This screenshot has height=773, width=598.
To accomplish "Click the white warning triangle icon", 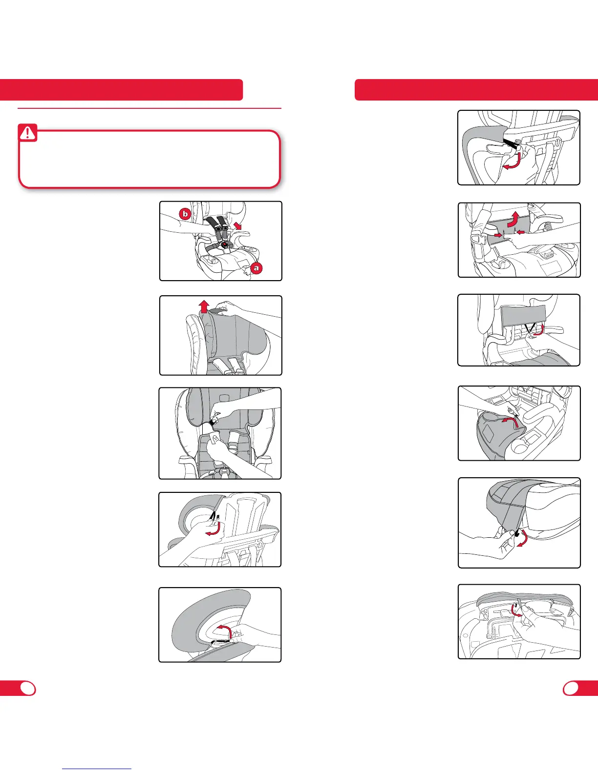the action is pyautogui.click(x=27, y=133).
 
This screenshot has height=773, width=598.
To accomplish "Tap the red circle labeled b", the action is pyautogui.click(x=185, y=214).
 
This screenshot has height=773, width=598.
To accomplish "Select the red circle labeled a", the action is pyautogui.click(x=256, y=268).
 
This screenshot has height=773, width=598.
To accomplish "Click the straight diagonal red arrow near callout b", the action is pyautogui.click(x=237, y=225).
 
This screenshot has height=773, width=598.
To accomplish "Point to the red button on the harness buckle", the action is pyautogui.click(x=224, y=245).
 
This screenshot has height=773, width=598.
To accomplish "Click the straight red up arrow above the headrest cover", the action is pyautogui.click(x=204, y=306).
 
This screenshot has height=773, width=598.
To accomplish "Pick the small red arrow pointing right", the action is pyautogui.click(x=498, y=235).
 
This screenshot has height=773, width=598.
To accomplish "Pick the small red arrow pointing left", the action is pyautogui.click(x=521, y=232).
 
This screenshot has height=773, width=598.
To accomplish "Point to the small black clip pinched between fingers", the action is pyautogui.click(x=517, y=532).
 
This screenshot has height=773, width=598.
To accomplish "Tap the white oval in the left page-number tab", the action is pyautogui.click(x=28, y=689).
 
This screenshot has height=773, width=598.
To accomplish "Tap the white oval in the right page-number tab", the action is pyautogui.click(x=571, y=689).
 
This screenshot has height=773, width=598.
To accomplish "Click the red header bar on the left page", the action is pyautogui.click(x=122, y=90).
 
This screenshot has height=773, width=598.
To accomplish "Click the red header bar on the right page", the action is pyautogui.click(x=476, y=90).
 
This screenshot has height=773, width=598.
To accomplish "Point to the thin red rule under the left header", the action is pyautogui.click(x=149, y=108).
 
